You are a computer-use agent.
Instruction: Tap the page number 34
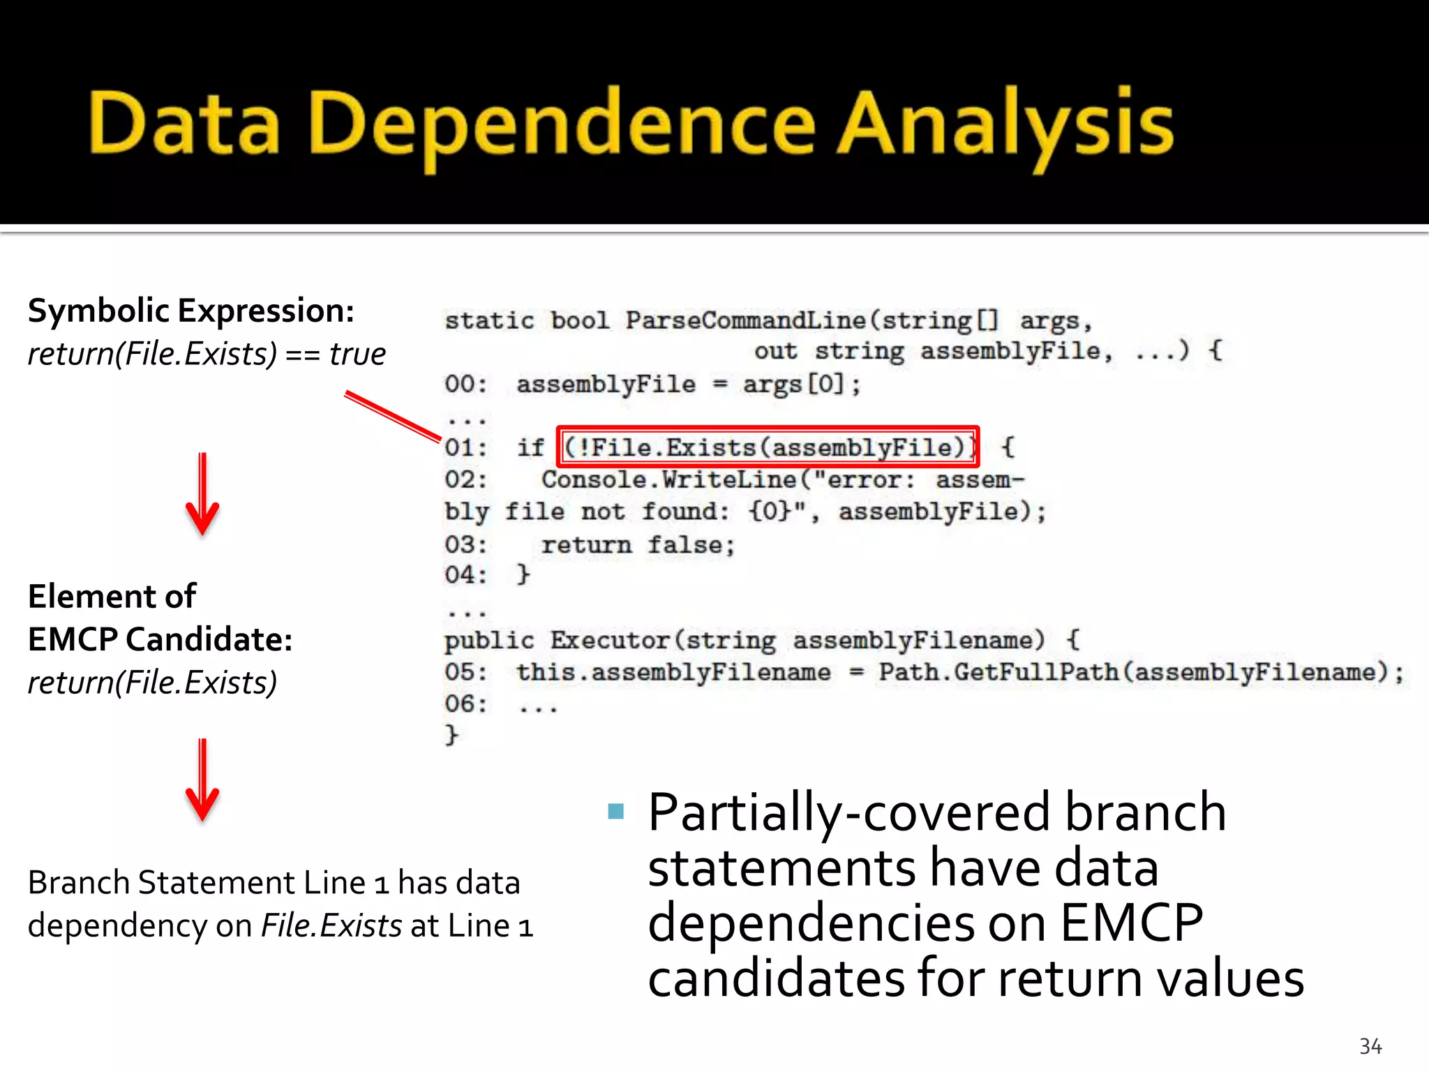pos(1370,1046)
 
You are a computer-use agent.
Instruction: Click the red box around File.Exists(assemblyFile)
pos(768,429)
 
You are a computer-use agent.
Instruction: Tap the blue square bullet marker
pos(615,811)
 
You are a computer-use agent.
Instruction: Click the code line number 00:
pos(465,385)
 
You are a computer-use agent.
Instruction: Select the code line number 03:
pos(465,544)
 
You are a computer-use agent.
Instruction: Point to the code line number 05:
pos(465,672)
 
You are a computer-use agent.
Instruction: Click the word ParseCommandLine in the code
pos(745,320)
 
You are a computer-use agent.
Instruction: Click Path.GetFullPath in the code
pos(998,672)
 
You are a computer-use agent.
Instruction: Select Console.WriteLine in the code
pos(668,480)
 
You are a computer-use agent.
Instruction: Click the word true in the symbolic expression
pos(357,354)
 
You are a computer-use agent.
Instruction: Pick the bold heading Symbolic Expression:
pos(191,311)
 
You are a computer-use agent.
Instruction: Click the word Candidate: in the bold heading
pos(209,639)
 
